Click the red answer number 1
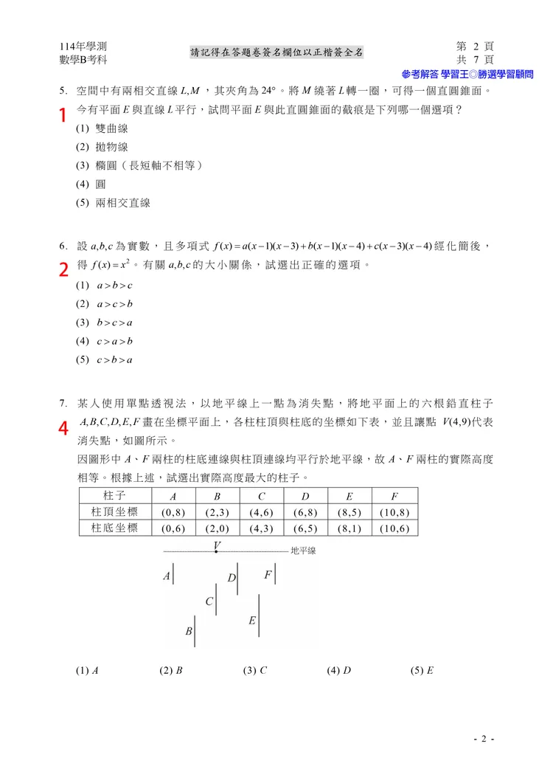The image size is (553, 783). pos(63,115)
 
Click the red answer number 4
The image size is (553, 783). pos(63,427)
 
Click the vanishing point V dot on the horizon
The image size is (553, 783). pos(216,551)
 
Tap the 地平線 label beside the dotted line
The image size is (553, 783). pos(303,551)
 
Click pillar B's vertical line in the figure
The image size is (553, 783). pos(195,631)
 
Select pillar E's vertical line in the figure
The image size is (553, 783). pos(261,621)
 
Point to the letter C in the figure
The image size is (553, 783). pos(209,601)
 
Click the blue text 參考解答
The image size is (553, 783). pos(419,74)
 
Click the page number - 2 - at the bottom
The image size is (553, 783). pos(484,739)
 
